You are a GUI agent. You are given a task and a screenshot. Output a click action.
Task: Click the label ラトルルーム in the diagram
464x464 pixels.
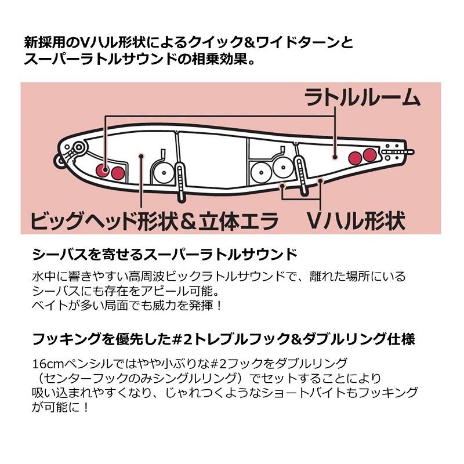(x=363, y=97)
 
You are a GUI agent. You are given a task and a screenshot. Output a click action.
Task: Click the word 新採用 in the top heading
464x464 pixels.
(x=42, y=43)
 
